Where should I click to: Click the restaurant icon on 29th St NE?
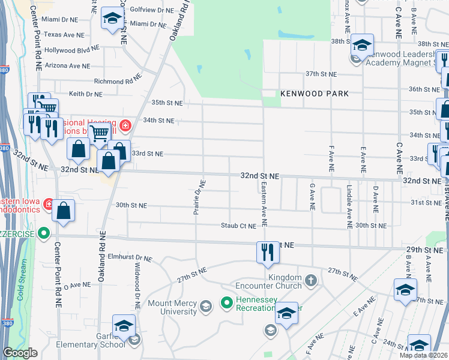click(267, 253)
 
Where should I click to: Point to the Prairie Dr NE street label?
click(202, 198)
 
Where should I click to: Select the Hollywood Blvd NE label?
click(71, 50)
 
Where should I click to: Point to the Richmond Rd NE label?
click(117, 81)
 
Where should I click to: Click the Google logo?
click(20, 353)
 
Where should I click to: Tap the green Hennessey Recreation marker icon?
click(226, 302)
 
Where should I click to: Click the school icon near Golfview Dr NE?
click(112, 19)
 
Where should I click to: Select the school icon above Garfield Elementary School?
click(124, 326)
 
